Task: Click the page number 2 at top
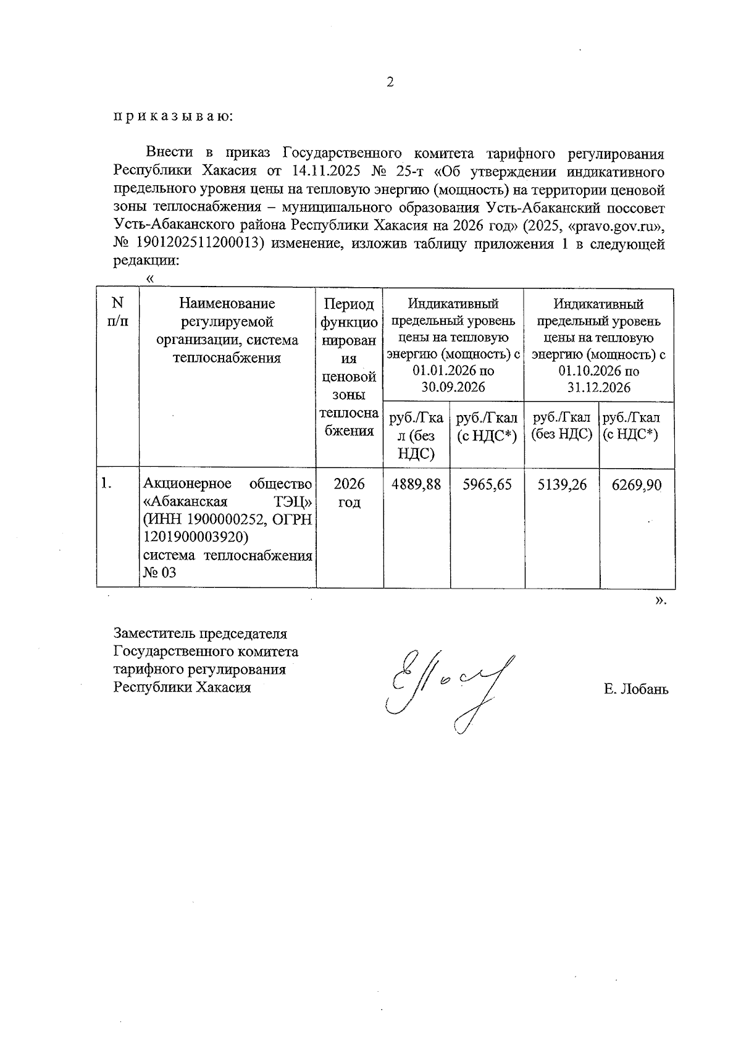coord(390,83)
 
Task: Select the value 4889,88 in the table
coord(416,485)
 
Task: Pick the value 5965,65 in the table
coord(487,485)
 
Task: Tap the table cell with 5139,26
coord(562,485)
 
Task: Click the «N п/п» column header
coord(117,312)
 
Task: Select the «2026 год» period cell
coord(349,493)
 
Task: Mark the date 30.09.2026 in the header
coord(453,387)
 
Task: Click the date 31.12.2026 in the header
coord(599,387)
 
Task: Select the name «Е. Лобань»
coord(636,689)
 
